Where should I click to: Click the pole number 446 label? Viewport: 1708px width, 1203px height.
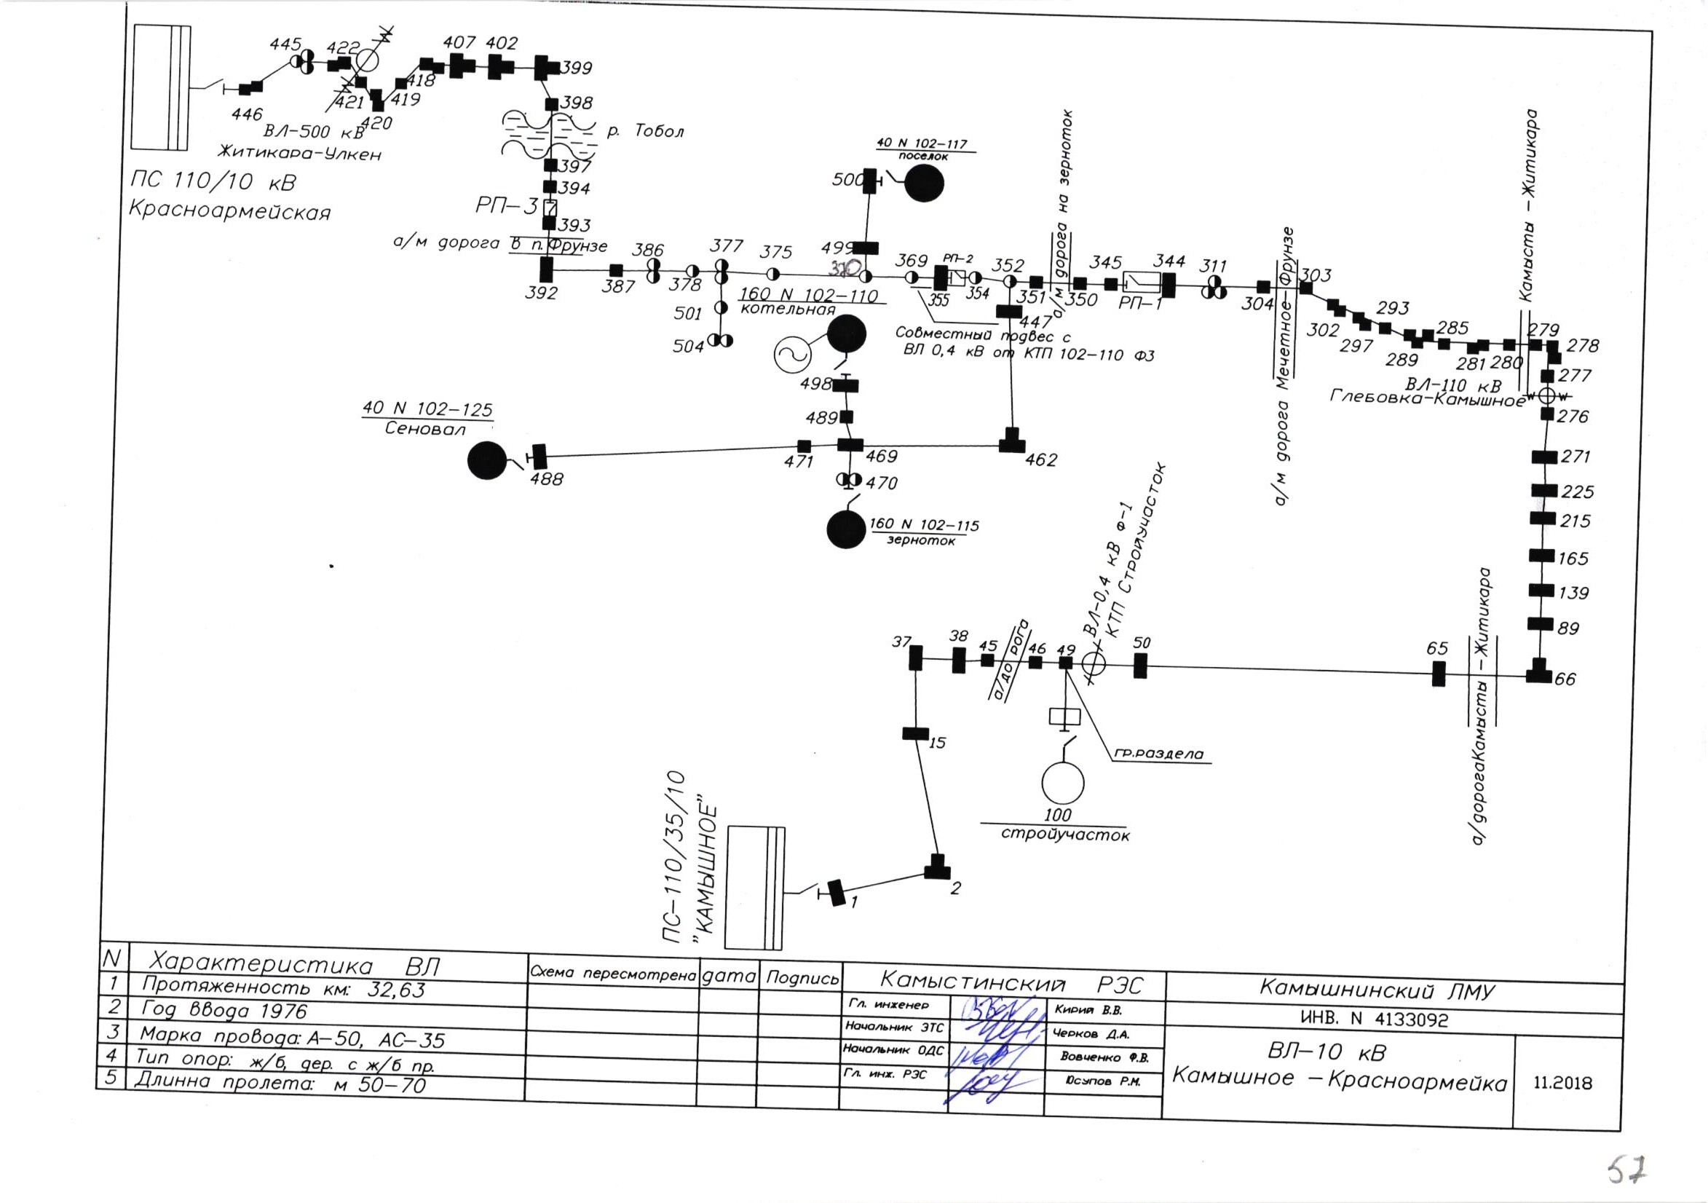(247, 114)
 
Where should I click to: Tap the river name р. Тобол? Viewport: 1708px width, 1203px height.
(645, 132)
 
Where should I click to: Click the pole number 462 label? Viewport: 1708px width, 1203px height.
(1040, 460)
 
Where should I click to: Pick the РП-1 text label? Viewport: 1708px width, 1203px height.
(1139, 303)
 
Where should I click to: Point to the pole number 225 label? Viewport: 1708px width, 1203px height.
(1577, 492)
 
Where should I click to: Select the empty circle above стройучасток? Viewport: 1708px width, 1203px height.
(1063, 782)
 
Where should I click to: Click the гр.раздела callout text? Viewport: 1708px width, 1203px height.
(1158, 754)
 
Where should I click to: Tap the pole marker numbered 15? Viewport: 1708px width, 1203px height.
(916, 733)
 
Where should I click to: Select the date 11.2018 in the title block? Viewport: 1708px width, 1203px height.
(1563, 1082)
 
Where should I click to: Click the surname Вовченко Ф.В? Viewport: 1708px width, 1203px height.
(1104, 1057)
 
